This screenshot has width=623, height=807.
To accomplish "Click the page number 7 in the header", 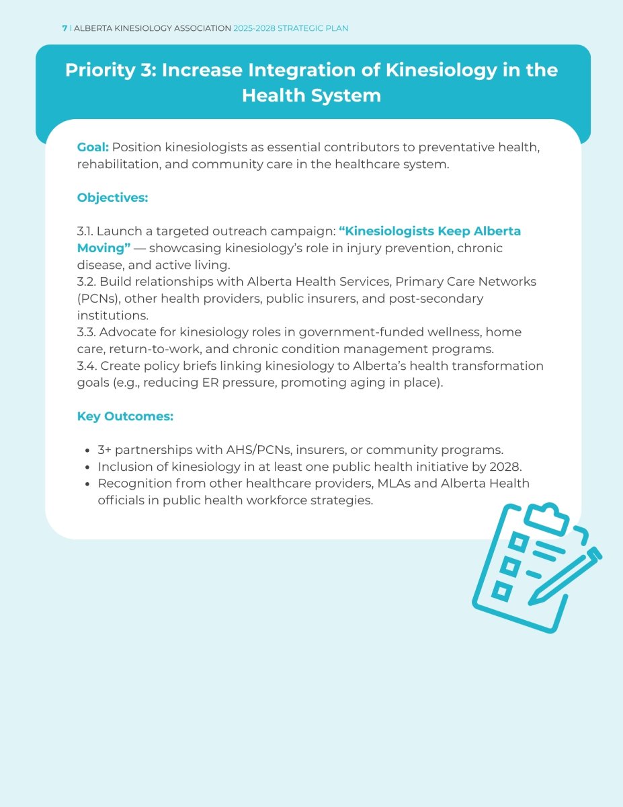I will tap(65, 28).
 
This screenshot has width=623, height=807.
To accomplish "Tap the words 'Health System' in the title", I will tap(311, 95).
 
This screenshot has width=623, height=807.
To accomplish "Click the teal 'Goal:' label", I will tap(93, 147).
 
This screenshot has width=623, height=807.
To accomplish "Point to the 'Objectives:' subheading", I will tap(112, 198).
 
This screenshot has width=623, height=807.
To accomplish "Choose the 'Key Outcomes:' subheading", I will tap(125, 416).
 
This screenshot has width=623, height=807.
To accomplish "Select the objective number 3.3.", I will tap(86, 332).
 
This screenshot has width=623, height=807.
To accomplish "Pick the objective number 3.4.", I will tap(87, 366).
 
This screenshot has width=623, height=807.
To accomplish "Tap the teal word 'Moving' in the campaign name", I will tap(101, 248).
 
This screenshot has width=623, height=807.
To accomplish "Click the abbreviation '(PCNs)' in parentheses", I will tap(98, 299).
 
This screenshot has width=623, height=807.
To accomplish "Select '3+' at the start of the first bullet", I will tap(104, 450).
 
